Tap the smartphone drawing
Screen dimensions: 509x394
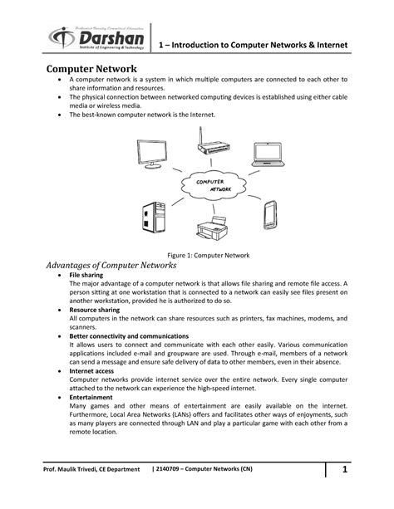coord(270,213)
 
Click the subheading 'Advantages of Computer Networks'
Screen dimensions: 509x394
coord(110,266)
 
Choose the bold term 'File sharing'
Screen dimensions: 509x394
coord(86,275)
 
